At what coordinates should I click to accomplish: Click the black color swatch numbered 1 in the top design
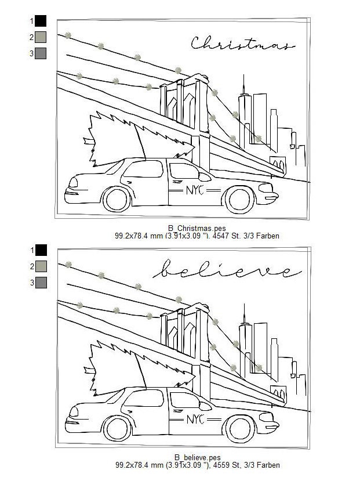pyautogui.click(x=41, y=21)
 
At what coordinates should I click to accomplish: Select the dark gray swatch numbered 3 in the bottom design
pyautogui.click(x=41, y=283)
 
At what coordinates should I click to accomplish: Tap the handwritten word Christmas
pyautogui.click(x=243, y=43)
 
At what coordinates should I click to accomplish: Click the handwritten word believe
pyautogui.click(x=227, y=269)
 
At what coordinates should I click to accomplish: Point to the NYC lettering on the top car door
pyautogui.click(x=195, y=190)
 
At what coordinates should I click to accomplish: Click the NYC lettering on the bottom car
pyautogui.click(x=195, y=419)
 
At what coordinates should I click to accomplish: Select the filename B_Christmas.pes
pyautogui.click(x=197, y=228)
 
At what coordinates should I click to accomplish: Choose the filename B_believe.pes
pyautogui.click(x=198, y=457)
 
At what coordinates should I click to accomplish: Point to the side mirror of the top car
pyautogui.click(x=204, y=177)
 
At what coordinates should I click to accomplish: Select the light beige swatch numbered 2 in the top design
pyautogui.click(x=41, y=37)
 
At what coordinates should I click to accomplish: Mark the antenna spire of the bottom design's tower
pyautogui.click(x=244, y=313)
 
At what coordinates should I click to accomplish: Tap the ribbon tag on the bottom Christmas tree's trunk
pyautogui.click(x=89, y=370)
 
